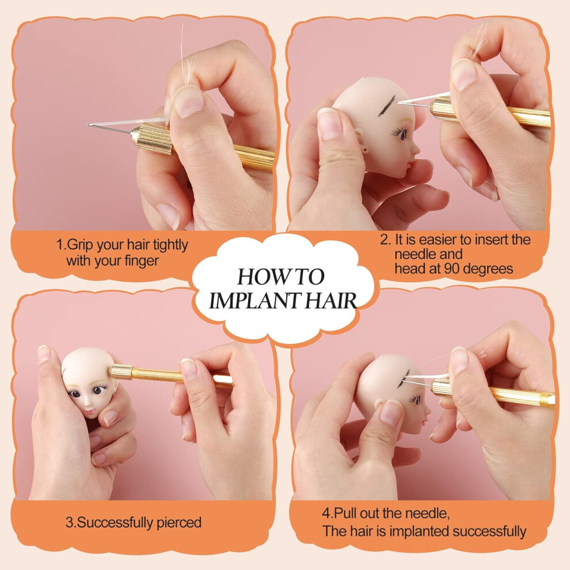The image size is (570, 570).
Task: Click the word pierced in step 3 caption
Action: tap(179, 522)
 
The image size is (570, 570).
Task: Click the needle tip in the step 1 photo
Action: tap(88, 125)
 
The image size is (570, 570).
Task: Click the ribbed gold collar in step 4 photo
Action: tap(442, 387)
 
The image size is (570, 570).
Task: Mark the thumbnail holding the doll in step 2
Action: tap(329, 124)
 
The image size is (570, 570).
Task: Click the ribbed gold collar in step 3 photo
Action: tap(121, 372)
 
